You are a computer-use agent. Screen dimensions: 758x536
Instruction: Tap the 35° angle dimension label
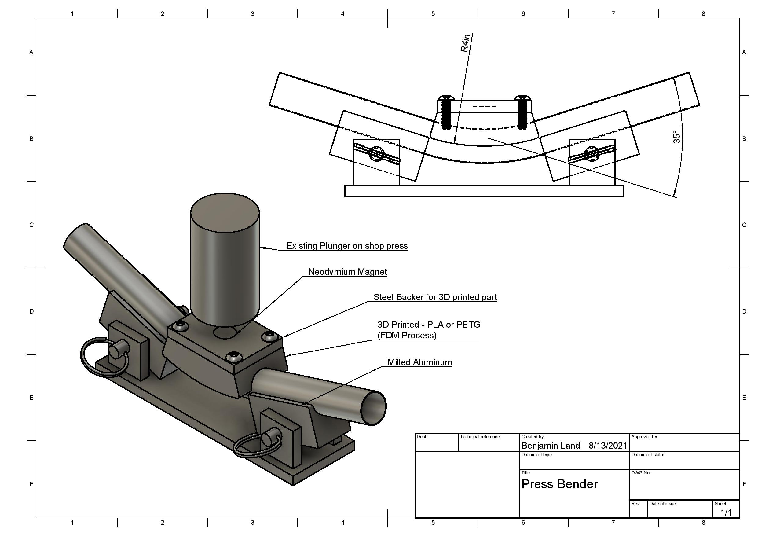676,137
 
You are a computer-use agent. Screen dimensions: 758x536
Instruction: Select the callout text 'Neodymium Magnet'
347,272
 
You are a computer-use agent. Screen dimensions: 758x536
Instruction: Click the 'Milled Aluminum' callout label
419,362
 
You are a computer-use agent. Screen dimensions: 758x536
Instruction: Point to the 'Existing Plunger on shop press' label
347,246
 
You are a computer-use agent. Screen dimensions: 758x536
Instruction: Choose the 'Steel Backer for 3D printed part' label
435,297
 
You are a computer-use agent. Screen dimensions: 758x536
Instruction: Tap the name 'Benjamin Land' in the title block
551,446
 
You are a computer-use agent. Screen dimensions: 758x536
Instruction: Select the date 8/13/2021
608,446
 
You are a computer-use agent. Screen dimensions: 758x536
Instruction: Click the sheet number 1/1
726,512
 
